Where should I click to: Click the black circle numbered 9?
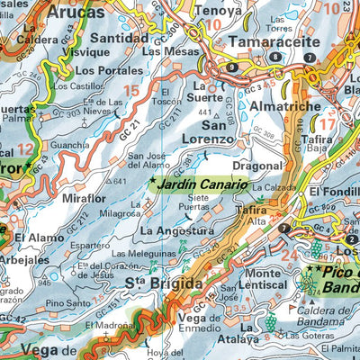click(x=233, y=67)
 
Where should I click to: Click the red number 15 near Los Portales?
click(x=131, y=90)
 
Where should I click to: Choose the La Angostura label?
click(x=177, y=230)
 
